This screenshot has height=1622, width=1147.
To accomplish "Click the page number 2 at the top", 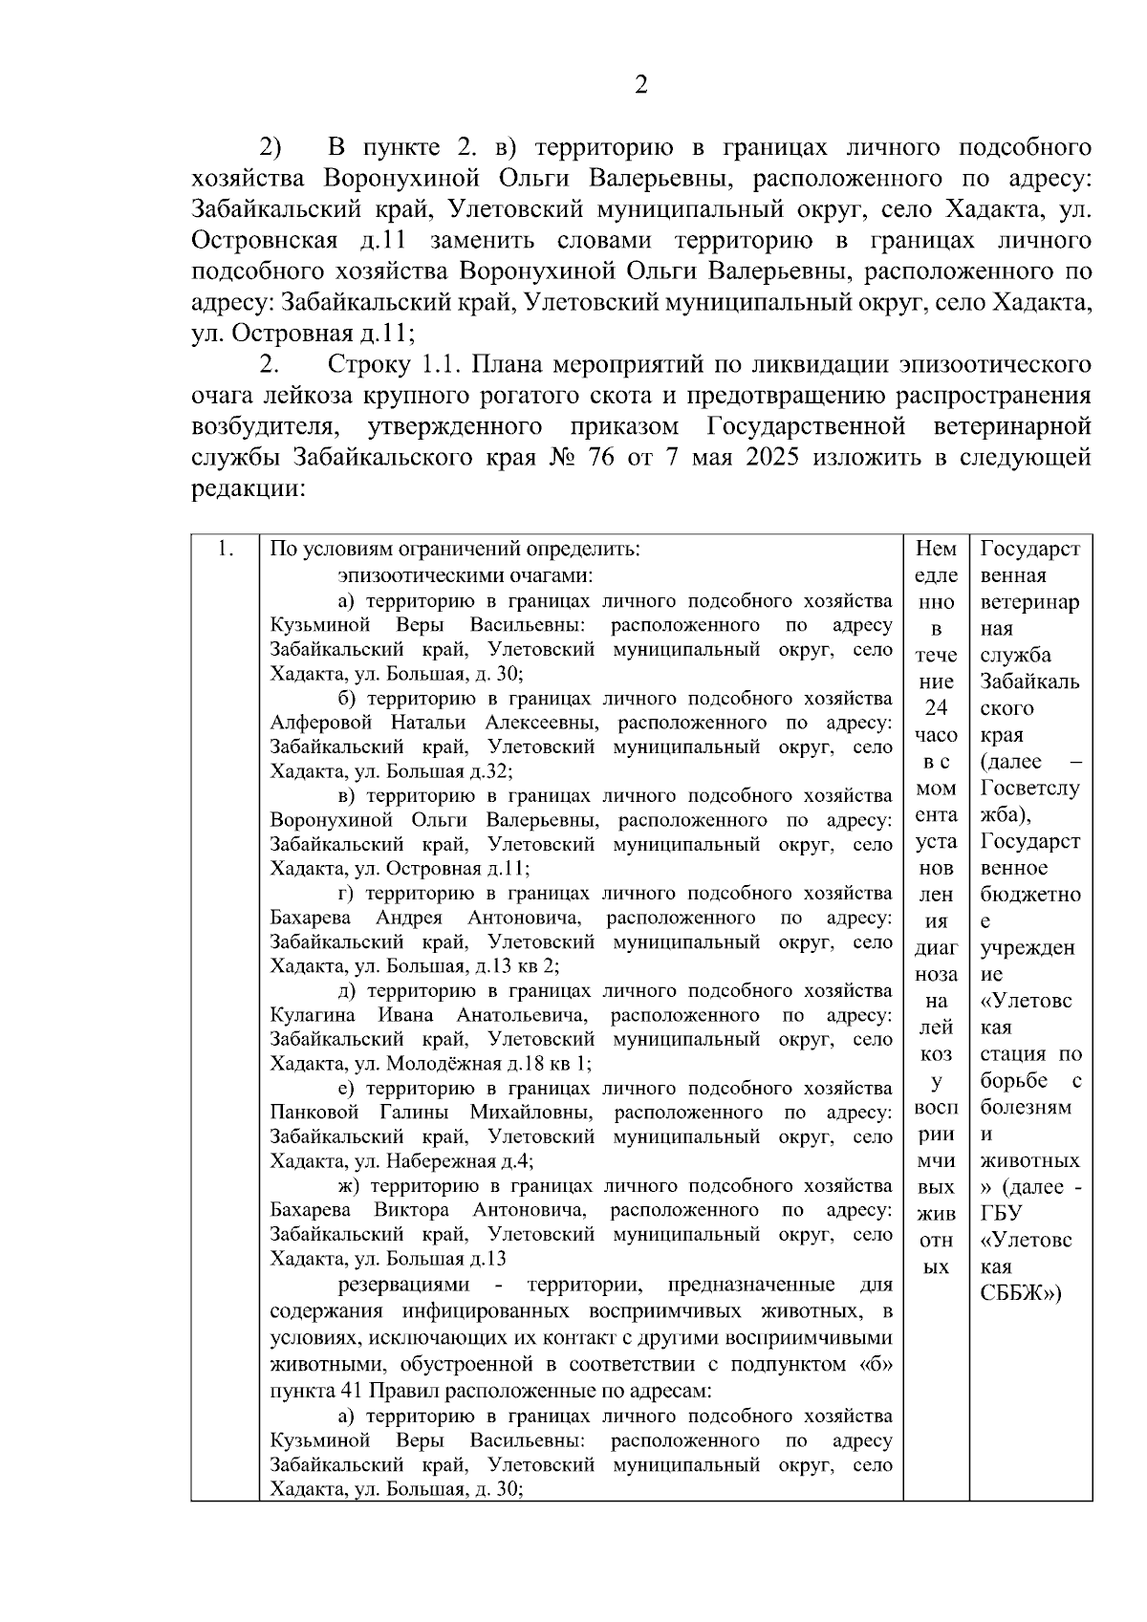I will tap(641, 86).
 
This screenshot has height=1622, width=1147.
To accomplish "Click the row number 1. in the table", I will tap(226, 550).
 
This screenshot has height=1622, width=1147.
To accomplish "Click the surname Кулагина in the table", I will tap(314, 1015).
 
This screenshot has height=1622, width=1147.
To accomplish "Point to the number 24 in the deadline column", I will tap(936, 708).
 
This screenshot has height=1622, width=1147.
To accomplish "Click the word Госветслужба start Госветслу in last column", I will tap(1029, 789).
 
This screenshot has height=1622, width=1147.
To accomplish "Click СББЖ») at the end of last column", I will tap(1022, 1294).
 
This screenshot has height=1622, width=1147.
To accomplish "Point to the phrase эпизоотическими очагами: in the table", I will tap(465, 575).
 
